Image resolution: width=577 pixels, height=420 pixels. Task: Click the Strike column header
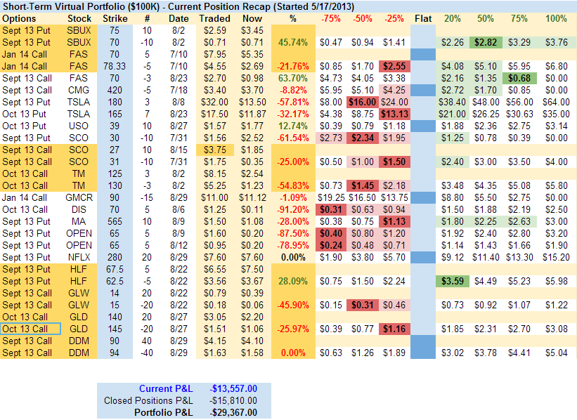115,18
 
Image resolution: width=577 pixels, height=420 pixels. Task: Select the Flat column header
423,18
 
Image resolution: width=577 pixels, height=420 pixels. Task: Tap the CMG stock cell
79,90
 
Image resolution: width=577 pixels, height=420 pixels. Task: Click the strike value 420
115,90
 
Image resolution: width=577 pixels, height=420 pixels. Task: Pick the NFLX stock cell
79,257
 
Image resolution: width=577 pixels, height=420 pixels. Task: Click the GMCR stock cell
79,197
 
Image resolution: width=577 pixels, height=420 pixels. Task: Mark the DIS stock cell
79,209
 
